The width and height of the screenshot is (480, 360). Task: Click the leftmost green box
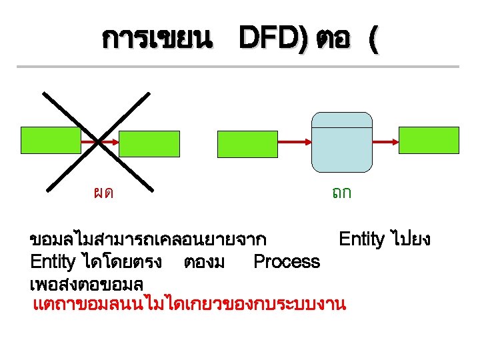(x=51, y=141)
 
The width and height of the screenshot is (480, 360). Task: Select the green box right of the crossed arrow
(x=149, y=143)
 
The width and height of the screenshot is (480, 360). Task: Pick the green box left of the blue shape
(x=247, y=143)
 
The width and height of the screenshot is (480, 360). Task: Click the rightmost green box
(x=429, y=139)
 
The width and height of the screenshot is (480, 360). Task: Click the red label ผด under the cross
(x=103, y=193)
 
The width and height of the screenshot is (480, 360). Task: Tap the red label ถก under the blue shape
(x=342, y=193)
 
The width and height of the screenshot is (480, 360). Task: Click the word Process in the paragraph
(x=287, y=261)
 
